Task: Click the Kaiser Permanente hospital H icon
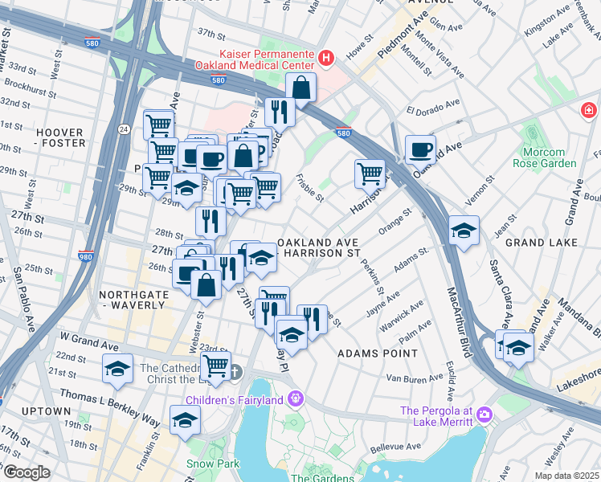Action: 326,58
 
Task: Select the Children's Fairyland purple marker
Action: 296,398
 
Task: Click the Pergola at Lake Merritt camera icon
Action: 484,414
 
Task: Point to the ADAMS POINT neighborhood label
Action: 378,353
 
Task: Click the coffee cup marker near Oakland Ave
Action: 420,149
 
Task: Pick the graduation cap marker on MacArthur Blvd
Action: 464,231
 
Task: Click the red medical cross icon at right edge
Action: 589,109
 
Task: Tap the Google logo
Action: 27,472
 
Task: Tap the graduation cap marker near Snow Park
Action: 185,419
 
